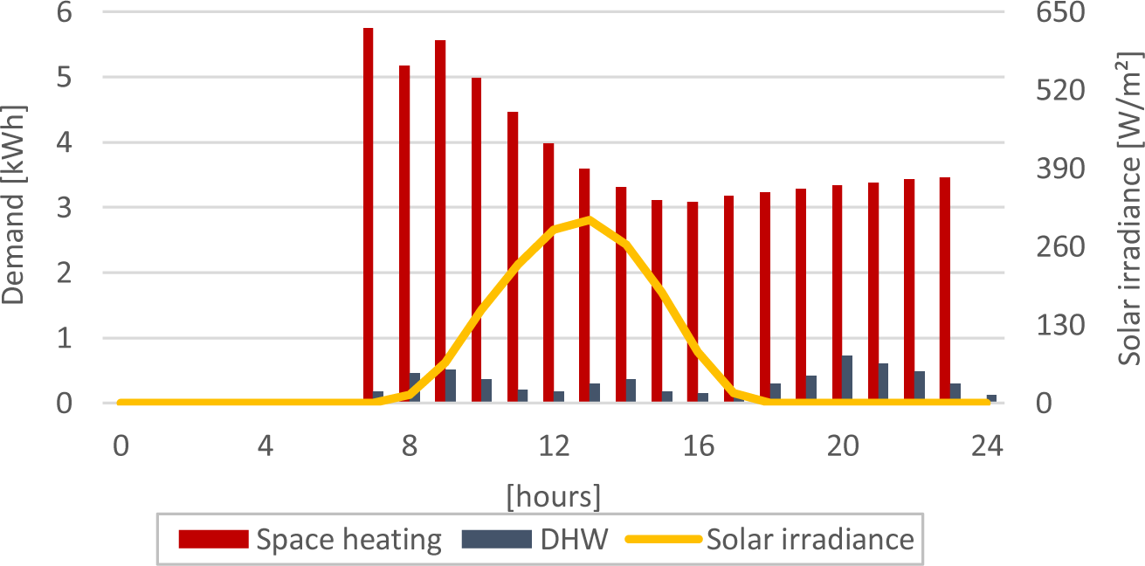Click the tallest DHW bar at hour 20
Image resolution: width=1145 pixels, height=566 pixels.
pos(847,379)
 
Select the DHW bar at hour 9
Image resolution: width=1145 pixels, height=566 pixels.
pos(451,386)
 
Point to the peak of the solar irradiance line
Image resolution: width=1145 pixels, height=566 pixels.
pos(590,219)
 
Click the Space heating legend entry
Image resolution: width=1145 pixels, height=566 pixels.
pos(310,539)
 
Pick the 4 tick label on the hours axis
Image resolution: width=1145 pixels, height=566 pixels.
pos(266,445)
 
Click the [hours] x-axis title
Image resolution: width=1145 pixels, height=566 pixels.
pos(553,496)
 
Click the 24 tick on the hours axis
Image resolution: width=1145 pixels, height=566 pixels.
pos(987,445)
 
